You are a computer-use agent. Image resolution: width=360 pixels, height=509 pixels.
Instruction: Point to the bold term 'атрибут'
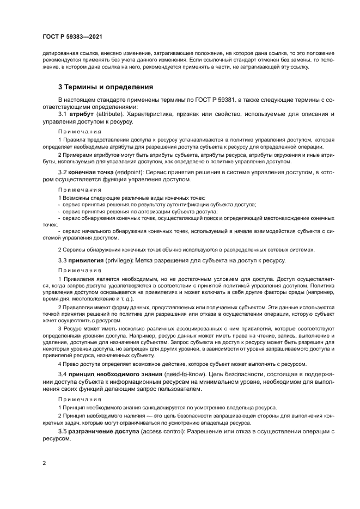(80, 115)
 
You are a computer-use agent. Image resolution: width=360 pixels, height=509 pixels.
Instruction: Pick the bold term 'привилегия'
(86, 261)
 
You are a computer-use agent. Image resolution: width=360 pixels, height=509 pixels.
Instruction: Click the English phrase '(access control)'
(163, 431)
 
